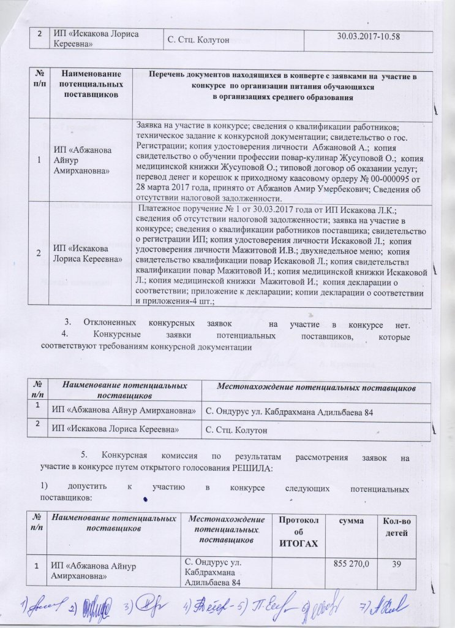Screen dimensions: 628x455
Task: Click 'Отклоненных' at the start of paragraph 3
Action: [x=110, y=323]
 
